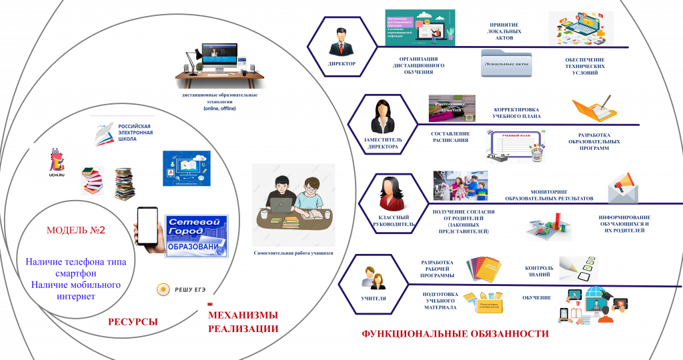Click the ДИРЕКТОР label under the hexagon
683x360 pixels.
(341, 64)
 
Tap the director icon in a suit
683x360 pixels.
(341, 43)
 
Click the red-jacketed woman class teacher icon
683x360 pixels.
(390, 193)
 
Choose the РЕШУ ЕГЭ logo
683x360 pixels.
(181, 289)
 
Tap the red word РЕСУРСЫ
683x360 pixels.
(133, 322)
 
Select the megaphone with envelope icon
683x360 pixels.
(622, 188)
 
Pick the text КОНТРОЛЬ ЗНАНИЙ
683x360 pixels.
(539, 272)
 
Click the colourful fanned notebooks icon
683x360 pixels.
(483, 269)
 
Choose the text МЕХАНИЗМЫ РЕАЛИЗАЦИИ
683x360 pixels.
(243, 322)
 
